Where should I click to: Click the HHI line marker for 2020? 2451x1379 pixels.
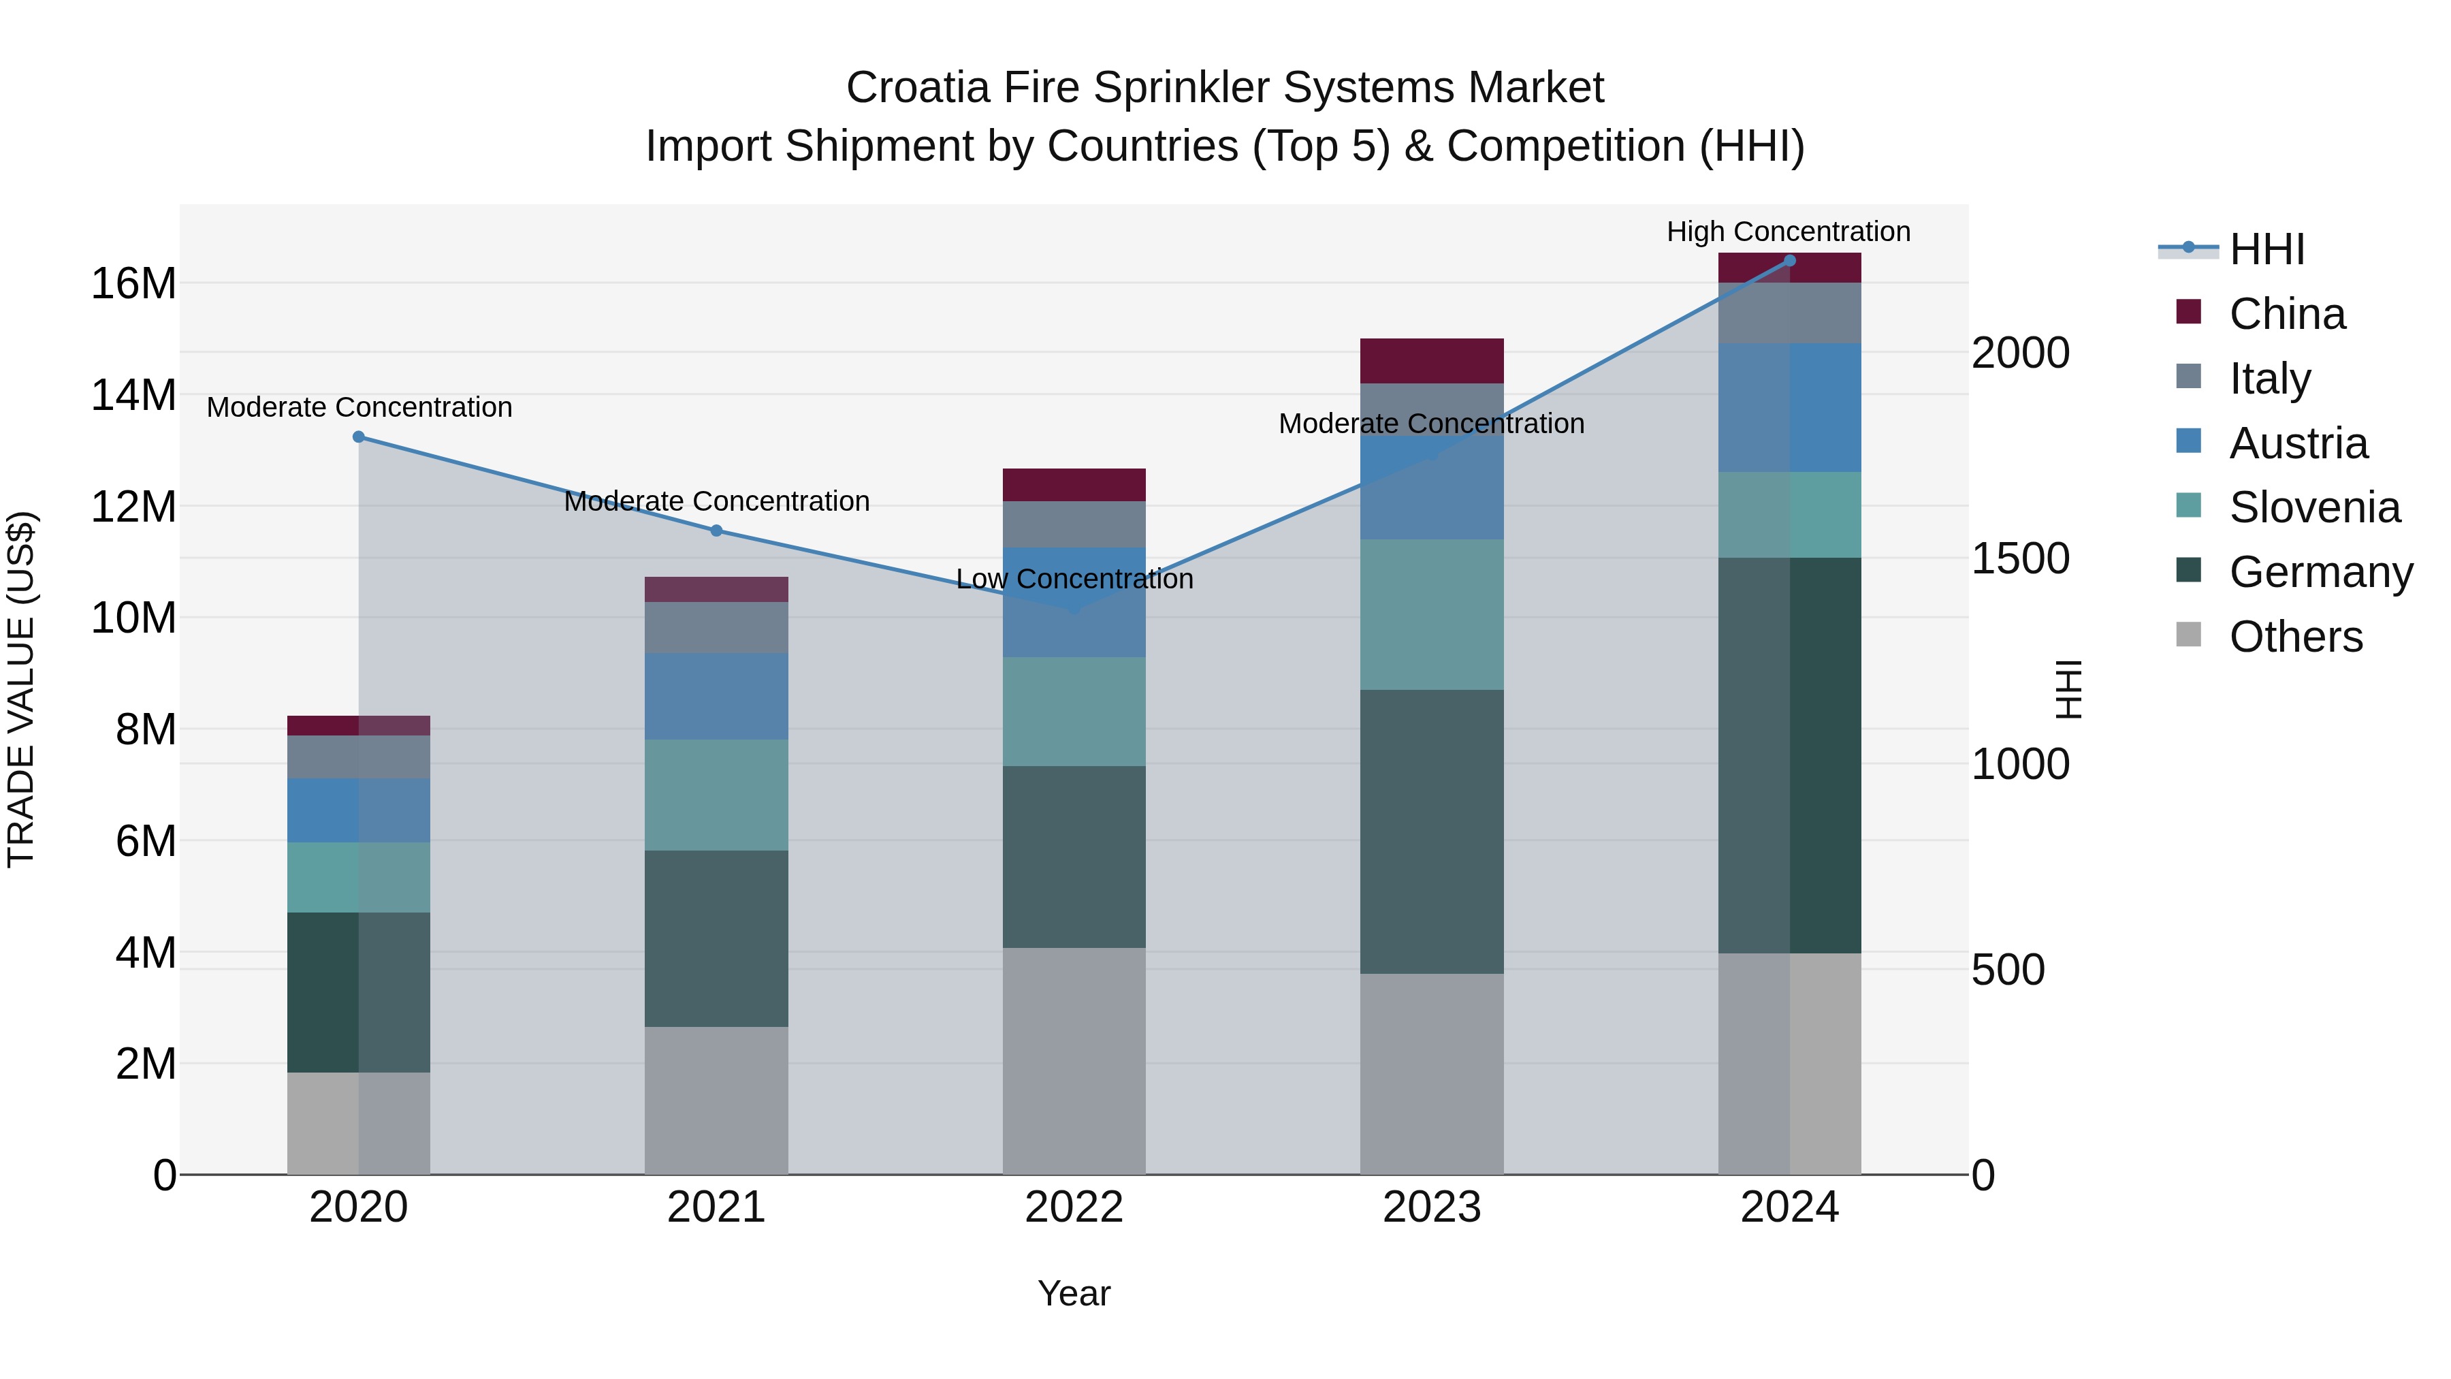click(x=359, y=437)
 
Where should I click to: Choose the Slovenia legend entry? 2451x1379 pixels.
click(x=2314, y=507)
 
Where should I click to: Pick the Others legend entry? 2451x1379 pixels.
click(x=2295, y=637)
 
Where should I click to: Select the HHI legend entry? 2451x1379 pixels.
click(x=2266, y=249)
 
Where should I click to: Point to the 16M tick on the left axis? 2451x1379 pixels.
click(x=133, y=283)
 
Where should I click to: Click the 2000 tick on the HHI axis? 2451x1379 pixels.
click(x=2020, y=353)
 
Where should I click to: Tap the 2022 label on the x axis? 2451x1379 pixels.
click(x=1074, y=1207)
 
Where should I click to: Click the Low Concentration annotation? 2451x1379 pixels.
click(x=1074, y=579)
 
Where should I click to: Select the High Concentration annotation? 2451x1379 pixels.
click(x=1788, y=232)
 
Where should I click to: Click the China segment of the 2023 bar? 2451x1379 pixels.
click(x=1431, y=361)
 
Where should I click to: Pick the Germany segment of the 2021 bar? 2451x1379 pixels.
click(x=716, y=938)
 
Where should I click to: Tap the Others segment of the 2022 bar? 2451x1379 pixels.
click(x=1074, y=1060)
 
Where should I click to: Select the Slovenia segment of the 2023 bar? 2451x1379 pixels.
click(x=1431, y=615)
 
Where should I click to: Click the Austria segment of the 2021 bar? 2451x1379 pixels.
click(x=716, y=697)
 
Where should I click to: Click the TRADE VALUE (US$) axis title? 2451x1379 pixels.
click(x=21, y=689)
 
